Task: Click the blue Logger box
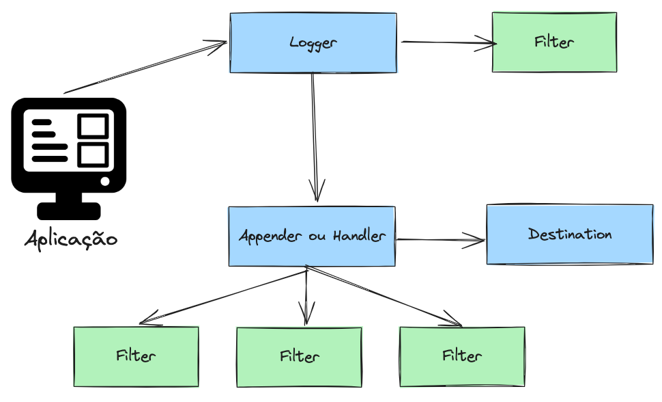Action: click(x=313, y=42)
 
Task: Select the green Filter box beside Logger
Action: click(x=554, y=42)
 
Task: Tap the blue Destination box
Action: click(x=569, y=234)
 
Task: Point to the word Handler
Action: click(x=359, y=237)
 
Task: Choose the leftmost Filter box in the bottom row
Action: click(x=136, y=356)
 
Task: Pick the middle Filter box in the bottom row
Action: click(x=299, y=357)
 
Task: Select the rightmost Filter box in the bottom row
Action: click(x=462, y=356)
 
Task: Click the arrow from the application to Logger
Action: click(x=145, y=68)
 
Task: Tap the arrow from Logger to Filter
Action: click(x=447, y=42)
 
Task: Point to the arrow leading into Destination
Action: click(x=440, y=240)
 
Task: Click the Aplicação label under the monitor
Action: click(x=71, y=240)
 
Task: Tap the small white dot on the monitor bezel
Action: click(x=104, y=181)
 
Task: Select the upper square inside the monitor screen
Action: click(x=93, y=126)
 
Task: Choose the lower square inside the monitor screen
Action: click(x=93, y=155)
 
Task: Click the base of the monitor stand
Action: click(x=69, y=211)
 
